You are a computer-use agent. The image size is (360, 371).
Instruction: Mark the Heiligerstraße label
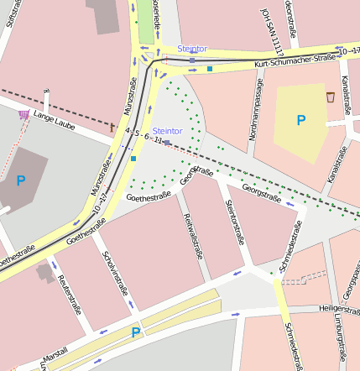pos(333,308)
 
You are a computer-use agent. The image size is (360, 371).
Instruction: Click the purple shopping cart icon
pos(23,114)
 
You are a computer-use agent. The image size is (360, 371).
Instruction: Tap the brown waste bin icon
pos(331,97)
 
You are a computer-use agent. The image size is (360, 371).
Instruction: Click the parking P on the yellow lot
pos(300,121)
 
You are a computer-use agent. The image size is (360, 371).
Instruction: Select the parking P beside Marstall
pos(135,333)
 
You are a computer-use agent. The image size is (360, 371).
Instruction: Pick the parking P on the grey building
pos(20,180)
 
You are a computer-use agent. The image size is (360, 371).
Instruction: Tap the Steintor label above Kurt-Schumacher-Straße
pos(191,49)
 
